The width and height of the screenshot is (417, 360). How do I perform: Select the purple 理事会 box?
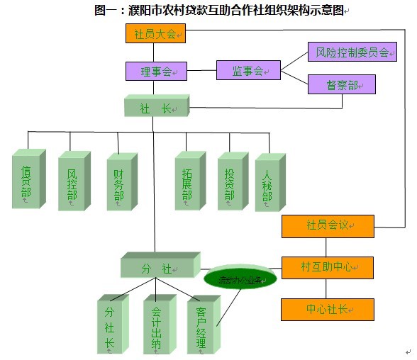[156, 71]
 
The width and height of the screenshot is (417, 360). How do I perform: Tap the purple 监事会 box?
[248, 71]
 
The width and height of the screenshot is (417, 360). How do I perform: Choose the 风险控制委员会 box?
[352, 52]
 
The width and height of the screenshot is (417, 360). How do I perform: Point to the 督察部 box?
[341, 84]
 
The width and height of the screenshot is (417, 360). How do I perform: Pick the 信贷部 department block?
[28, 181]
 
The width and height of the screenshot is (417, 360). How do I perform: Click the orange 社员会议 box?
[327, 226]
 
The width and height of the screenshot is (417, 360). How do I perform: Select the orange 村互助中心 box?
[327, 267]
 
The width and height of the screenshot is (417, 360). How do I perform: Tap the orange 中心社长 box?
[327, 309]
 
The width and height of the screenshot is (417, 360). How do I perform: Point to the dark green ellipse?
[240, 279]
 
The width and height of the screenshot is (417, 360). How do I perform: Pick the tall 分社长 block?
[111, 325]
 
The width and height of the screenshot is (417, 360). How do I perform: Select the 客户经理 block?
[202, 325]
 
